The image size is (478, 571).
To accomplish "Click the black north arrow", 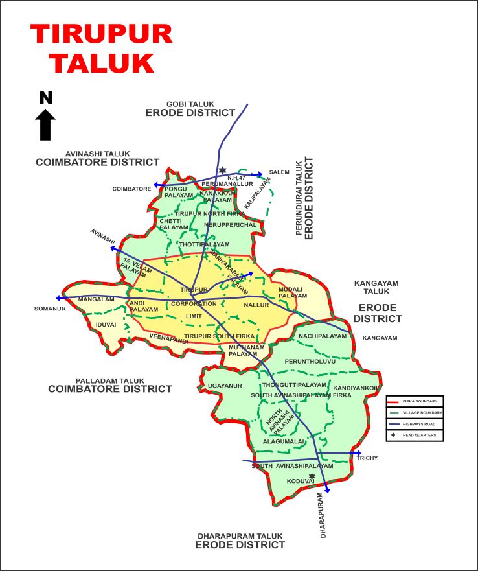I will coord(45,123).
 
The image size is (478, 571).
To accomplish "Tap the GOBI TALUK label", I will coord(190,104).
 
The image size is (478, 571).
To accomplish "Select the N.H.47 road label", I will coord(236,178).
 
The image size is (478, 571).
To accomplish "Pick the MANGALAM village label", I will coord(96,299).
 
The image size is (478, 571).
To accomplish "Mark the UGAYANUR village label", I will coord(225,386).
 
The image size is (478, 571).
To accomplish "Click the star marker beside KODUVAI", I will coord(312,476).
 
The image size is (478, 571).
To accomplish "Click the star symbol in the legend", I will coord(393,434).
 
